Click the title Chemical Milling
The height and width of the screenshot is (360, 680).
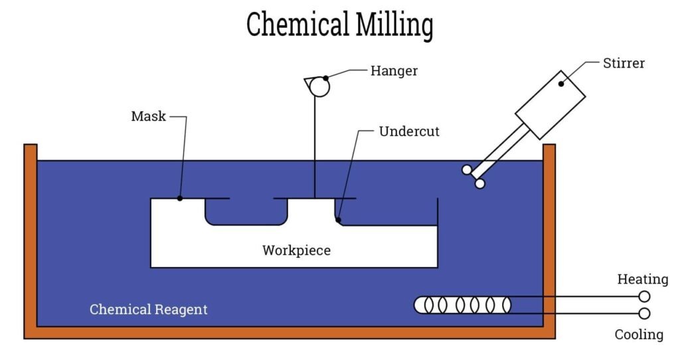pos(339,25)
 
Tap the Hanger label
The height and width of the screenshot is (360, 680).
pos(394,71)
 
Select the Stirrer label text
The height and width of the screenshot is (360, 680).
pos(624,63)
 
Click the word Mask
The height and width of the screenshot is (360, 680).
pos(148,116)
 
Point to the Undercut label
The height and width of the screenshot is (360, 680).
pos(409,132)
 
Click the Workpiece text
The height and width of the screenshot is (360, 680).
pos(297,250)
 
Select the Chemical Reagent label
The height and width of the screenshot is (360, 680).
pos(148,310)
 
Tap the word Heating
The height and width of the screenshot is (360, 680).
pos(643,279)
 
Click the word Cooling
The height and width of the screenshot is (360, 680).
pos(639,334)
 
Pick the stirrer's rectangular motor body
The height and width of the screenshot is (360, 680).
pos(550,105)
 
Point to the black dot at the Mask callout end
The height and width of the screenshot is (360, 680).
pos(180,198)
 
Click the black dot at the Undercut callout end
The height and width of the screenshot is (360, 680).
pos(338,220)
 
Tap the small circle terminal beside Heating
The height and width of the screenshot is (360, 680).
pos(644,297)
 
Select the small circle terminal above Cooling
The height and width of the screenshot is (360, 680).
pos(644,313)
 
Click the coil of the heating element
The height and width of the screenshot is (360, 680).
pos(463,305)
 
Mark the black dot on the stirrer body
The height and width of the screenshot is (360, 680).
pos(561,84)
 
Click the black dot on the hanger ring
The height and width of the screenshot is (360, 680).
pos(325,78)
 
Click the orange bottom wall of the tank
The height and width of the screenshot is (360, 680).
pos(290,333)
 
